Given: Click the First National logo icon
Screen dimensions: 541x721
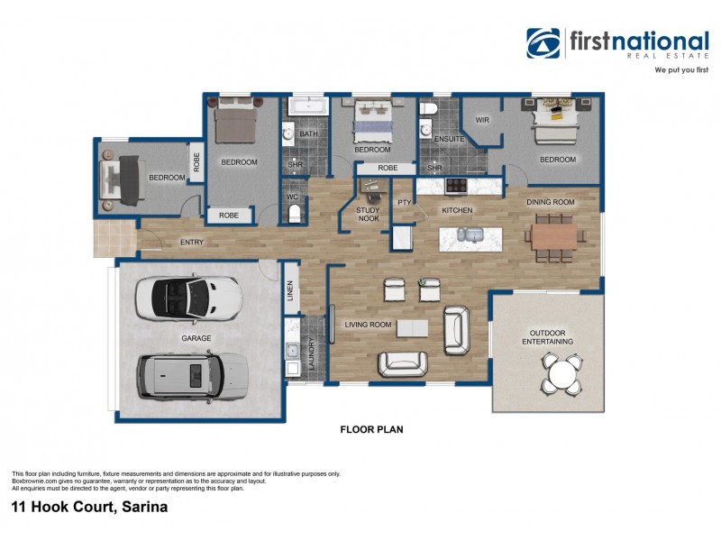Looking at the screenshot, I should [543, 43].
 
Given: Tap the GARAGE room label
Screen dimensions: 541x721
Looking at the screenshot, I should [196, 338].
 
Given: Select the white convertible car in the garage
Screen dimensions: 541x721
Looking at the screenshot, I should [188, 297].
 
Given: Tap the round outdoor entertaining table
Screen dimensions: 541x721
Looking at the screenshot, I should [561, 373].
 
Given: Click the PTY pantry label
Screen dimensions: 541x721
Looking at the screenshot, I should [404, 203].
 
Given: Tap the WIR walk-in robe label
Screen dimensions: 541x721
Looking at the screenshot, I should [482, 119].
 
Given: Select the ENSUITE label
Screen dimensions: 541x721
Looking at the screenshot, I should [449, 140].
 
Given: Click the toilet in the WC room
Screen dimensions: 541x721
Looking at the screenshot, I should [294, 212].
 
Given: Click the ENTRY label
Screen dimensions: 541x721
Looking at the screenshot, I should [191, 242].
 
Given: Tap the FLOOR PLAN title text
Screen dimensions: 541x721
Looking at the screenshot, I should [371, 430].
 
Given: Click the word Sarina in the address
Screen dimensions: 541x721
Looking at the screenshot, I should [142, 508].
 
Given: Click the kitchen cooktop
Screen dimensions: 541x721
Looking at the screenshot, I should [456, 186].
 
